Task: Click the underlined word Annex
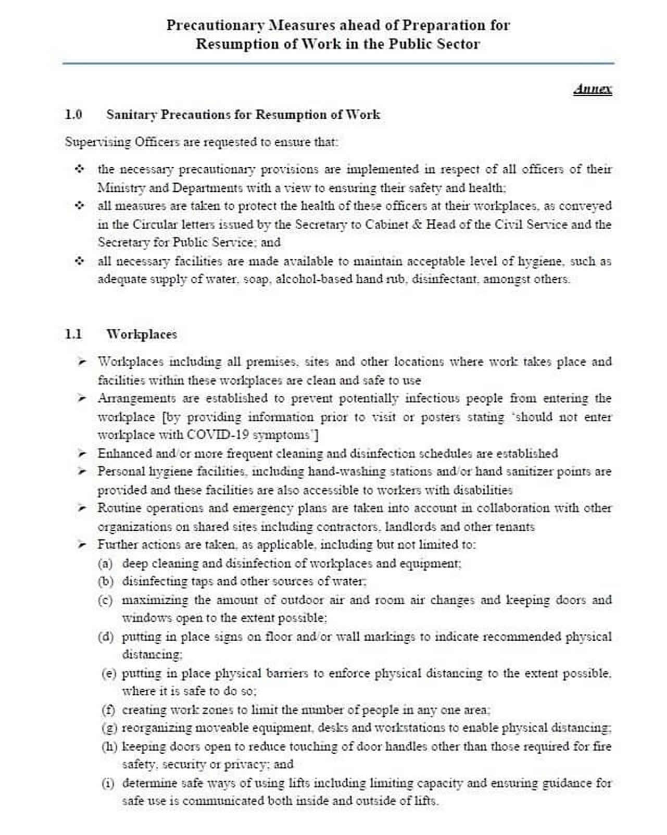(593, 89)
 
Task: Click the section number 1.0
(73, 115)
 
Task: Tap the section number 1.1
(73, 334)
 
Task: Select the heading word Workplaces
(142, 334)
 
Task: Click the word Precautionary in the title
(215, 25)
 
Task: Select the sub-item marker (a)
(105, 564)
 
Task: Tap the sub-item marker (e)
(108, 674)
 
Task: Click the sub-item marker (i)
(108, 783)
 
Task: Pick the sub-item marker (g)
(109, 728)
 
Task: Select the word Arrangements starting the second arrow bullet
(137, 398)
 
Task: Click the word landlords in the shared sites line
(414, 527)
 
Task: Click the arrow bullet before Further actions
(81, 545)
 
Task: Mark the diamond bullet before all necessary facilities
(79, 260)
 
